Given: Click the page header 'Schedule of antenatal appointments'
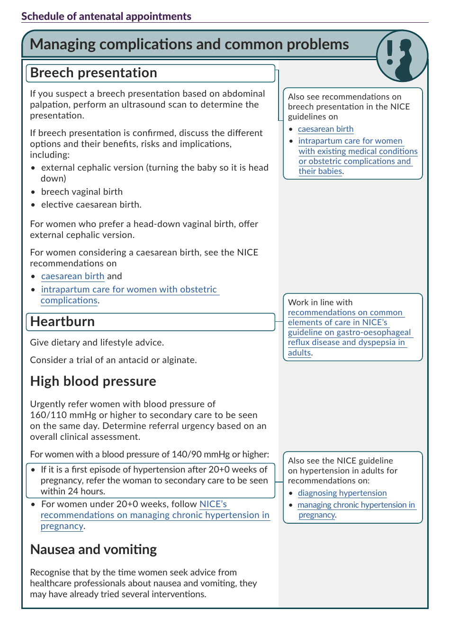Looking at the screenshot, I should tap(106, 16).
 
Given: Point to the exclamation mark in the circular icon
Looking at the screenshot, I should tap(389, 52).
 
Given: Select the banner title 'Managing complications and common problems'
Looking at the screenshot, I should tap(189, 44).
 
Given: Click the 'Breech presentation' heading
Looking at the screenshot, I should tap(93, 73).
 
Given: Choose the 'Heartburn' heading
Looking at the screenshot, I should tap(63, 322).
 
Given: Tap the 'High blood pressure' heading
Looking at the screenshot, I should tap(93, 382).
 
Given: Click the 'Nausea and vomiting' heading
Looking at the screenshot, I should tap(93, 550).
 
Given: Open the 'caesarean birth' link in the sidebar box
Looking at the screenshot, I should tap(325, 129).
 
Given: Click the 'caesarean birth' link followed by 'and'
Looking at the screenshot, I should tap(72, 276).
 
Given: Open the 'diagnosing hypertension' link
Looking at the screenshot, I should tap(342, 493).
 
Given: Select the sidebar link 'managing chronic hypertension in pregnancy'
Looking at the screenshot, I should tap(356, 505).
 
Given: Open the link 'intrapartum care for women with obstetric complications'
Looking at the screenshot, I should tap(128, 290).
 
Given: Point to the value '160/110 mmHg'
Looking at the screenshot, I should tap(63, 415).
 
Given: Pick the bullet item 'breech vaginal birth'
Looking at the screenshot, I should tap(81, 192).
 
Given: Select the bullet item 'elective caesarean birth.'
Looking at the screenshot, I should tap(91, 205).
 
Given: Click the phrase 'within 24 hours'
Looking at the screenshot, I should tap(72, 491).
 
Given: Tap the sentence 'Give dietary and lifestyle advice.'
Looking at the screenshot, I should tap(97, 343).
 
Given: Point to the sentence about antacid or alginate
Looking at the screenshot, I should tap(113, 360).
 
